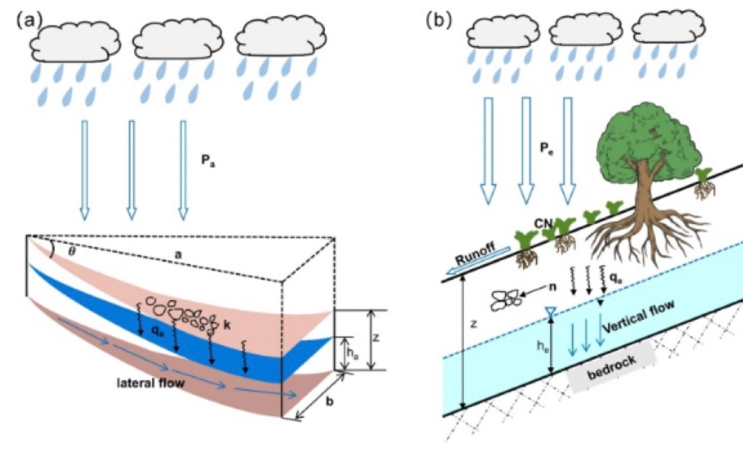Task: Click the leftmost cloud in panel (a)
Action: tap(69, 42)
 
